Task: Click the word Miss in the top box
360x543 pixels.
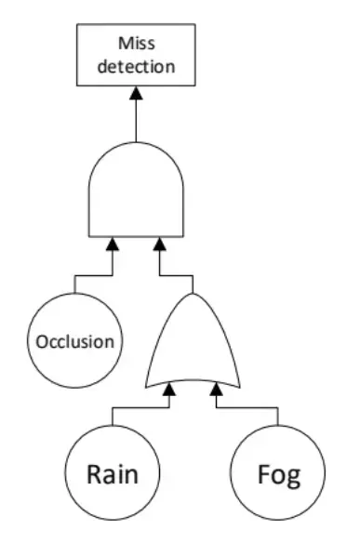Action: [x=137, y=43]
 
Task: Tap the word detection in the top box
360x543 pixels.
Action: [x=137, y=66]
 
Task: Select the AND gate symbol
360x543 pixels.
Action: [x=137, y=194]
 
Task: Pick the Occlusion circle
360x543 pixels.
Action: [x=74, y=340]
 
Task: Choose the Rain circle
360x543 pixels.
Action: [x=113, y=474]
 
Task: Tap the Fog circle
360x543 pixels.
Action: [x=278, y=474]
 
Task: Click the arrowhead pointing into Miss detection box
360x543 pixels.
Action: [x=137, y=94]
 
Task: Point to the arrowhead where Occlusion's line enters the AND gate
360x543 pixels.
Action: [x=113, y=245]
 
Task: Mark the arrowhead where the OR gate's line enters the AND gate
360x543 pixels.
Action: [x=161, y=245]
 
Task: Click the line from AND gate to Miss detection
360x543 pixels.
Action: [x=137, y=121]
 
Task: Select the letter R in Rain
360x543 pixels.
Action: [x=95, y=474]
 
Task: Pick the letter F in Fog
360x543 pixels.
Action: [x=264, y=474]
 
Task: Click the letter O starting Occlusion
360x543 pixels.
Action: [x=42, y=340]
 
